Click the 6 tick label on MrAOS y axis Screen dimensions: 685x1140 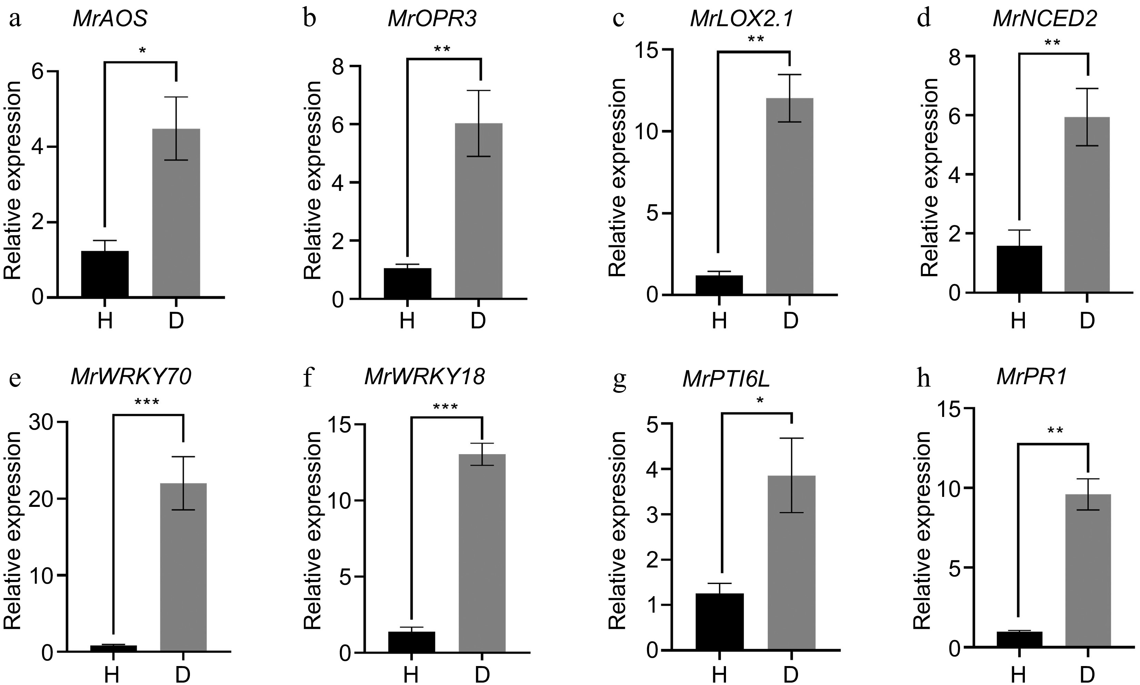click(39, 72)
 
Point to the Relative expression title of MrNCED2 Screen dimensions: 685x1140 click(929, 178)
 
